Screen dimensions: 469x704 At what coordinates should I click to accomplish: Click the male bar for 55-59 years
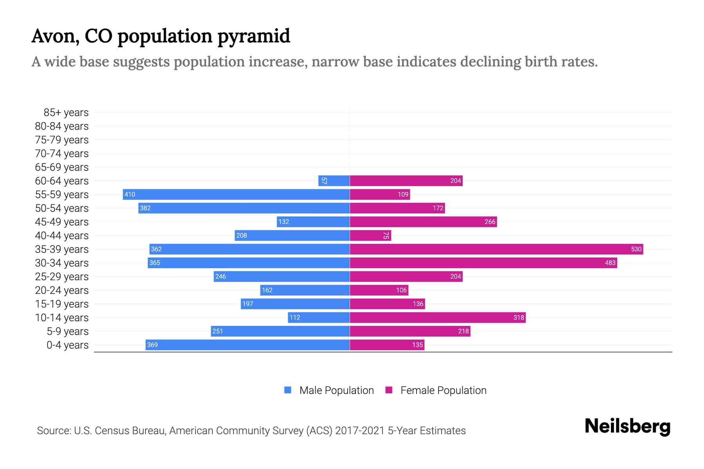point(236,194)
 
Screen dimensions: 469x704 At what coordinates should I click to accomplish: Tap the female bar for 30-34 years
point(483,263)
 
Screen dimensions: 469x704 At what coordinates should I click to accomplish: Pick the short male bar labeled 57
point(334,181)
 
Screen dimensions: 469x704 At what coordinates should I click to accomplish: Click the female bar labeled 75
point(370,235)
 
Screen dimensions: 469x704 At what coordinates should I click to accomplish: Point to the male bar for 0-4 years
point(248,345)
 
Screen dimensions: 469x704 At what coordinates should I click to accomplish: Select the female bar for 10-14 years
point(437,317)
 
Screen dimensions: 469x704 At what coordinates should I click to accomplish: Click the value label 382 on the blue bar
point(145,208)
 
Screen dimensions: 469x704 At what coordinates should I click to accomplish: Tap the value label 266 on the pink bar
point(490,222)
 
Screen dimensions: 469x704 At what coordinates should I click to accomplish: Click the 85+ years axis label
point(66,113)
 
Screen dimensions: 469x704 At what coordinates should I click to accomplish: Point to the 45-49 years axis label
point(62,222)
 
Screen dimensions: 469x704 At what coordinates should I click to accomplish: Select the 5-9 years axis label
point(67,331)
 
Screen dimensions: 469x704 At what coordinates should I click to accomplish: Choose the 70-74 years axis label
point(62,154)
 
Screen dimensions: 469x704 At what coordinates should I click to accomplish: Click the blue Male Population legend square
point(288,390)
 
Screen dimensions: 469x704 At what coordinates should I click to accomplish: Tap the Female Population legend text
point(443,390)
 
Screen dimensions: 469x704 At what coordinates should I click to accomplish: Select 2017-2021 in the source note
point(359,431)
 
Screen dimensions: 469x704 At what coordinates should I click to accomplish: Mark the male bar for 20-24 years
point(305,290)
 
